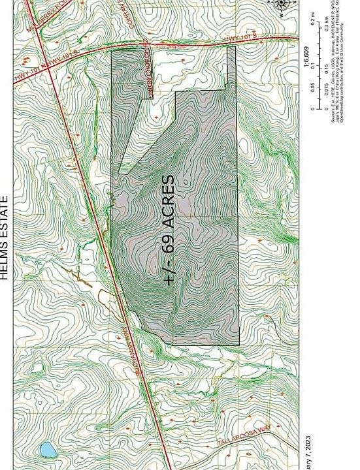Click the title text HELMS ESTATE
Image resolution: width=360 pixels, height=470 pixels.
(x=5, y=238)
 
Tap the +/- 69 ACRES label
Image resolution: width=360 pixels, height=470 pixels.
(x=168, y=230)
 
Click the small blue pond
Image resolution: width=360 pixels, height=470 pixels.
(x=47, y=449)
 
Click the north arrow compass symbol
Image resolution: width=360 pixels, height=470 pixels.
(x=282, y=5)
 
